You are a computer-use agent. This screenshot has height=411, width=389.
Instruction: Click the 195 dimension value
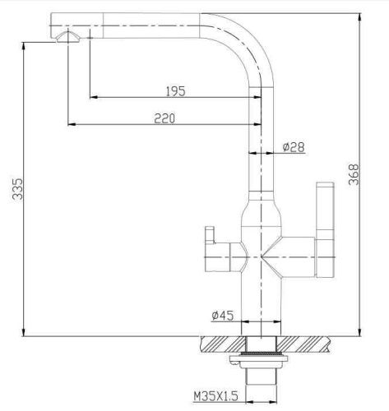pos(174,90)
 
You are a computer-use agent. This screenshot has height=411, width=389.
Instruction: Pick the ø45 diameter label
pos(224,315)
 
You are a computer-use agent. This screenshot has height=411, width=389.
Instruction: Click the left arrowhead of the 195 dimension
pos(90,97)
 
